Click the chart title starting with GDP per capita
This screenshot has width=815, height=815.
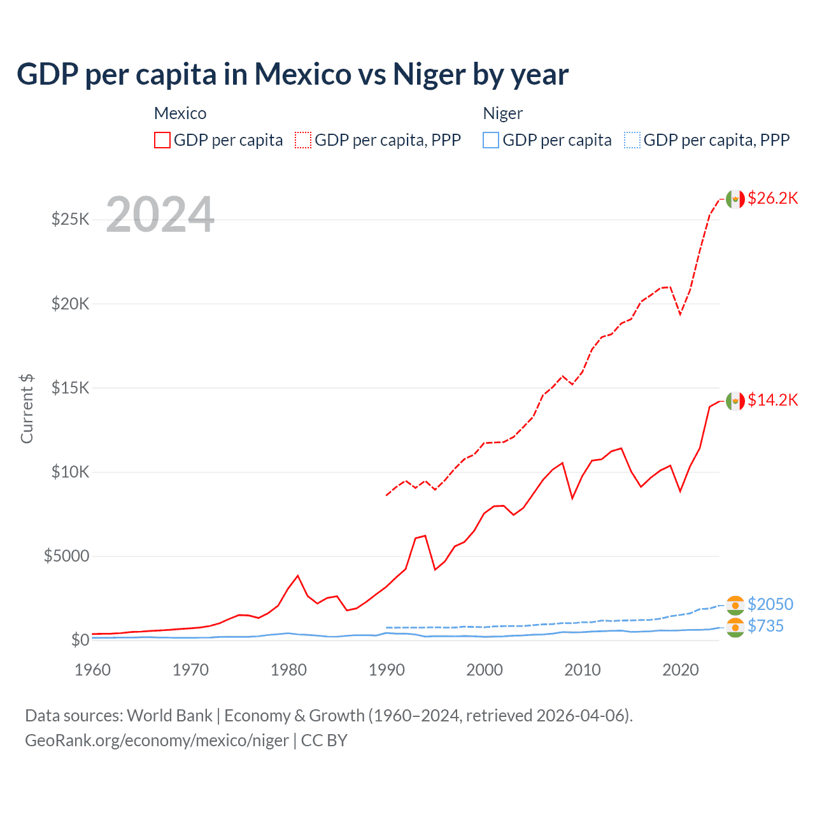click(292, 74)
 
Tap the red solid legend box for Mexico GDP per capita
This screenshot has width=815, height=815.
click(162, 140)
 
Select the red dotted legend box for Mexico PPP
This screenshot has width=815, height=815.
click(303, 140)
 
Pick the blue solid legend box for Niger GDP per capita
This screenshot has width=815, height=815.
click(491, 140)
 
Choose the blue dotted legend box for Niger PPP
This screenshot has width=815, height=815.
click(632, 140)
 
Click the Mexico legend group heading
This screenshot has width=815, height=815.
click(180, 113)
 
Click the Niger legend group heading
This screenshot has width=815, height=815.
click(502, 113)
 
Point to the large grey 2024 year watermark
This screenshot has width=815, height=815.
click(160, 215)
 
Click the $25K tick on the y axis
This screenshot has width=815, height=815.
click(70, 220)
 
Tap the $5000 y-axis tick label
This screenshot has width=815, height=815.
click(66, 556)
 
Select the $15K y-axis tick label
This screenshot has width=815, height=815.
click(70, 388)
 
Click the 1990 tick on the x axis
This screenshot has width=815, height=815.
click(386, 670)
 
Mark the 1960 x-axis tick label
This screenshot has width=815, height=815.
click(93, 670)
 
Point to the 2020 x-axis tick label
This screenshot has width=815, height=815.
click(680, 670)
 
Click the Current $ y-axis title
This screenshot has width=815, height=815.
click(27, 408)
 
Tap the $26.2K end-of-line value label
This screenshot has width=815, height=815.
click(772, 198)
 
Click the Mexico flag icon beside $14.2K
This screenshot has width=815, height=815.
click(735, 400)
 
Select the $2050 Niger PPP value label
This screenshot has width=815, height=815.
click(770, 604)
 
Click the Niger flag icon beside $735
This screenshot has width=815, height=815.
click(735, 627)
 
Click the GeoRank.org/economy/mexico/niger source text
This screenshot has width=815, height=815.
click(157, 741)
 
